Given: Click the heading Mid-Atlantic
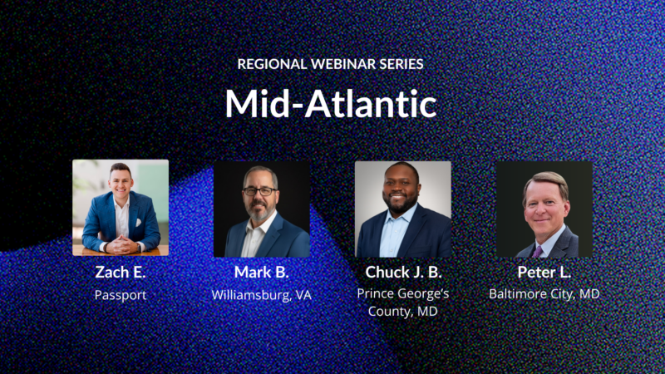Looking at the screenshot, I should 331,104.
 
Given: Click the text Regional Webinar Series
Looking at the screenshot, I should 332,63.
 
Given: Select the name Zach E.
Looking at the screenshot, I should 121,273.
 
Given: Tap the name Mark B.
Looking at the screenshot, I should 261,273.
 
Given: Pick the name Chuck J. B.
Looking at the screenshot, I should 403,273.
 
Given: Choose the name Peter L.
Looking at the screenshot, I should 544,273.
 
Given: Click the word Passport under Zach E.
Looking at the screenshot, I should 121,294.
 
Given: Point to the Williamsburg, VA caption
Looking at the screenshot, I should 261,294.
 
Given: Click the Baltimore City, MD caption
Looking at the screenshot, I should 544,294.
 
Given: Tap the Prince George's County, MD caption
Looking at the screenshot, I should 403,303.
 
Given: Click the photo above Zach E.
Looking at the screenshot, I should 121,208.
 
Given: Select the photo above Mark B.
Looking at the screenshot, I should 261,209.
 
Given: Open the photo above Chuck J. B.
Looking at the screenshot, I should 403,209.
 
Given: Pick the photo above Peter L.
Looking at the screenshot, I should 544,209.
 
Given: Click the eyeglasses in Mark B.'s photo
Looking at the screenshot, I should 260,191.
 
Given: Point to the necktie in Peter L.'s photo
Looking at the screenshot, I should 539,249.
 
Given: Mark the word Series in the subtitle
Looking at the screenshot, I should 405,63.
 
